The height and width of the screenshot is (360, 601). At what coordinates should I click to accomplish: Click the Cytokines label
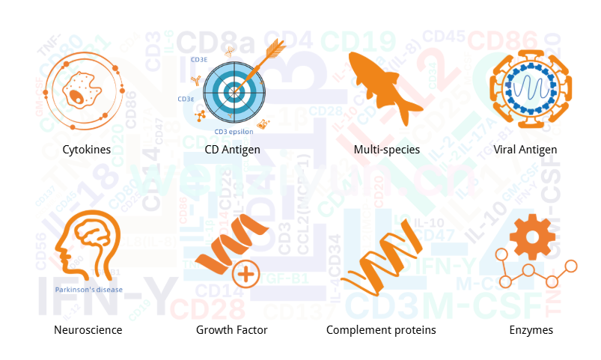[x=87, y=150]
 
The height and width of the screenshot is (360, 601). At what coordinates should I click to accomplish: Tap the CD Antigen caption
[x=232, y=150]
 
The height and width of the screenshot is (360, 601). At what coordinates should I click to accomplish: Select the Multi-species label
[x=386, y=150]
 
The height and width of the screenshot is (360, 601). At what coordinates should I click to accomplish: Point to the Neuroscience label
[x=88, y=329]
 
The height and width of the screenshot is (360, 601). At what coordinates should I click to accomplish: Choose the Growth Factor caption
[x=231, y=329]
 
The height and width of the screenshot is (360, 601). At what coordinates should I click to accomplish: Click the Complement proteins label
[x=381, y=329]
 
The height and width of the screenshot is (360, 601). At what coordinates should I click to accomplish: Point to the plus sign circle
[x=244, y=273]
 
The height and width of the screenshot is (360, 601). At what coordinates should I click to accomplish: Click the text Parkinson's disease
[x=88, y=290]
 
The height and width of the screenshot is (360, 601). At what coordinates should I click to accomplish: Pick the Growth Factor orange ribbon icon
[x=225, y=243]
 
